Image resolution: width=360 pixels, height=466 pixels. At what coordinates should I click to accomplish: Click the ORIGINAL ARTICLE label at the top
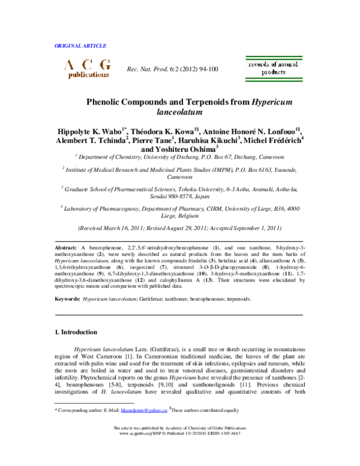click(80, 46)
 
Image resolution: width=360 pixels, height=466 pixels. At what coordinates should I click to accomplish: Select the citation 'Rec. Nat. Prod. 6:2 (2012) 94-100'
click(172, 70)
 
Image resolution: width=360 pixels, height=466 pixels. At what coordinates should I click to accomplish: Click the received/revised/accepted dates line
click(180, 229)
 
